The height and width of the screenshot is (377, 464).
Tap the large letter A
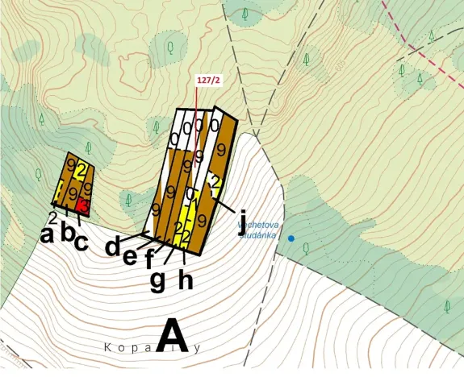[x=172, y=337]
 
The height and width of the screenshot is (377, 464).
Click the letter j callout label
[x=241, y=222]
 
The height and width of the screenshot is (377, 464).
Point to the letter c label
[x=82, y=241]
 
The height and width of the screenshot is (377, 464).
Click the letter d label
[x=114, y=246]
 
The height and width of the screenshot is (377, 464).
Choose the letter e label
[x=130, y=255]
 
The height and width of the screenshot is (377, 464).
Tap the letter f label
[x=149, y=260]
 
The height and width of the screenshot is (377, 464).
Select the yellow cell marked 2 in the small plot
[x=82, y=168]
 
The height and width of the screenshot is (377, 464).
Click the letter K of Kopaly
[x=107, y=348]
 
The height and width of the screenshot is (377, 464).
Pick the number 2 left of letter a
[x=52, y=217]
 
